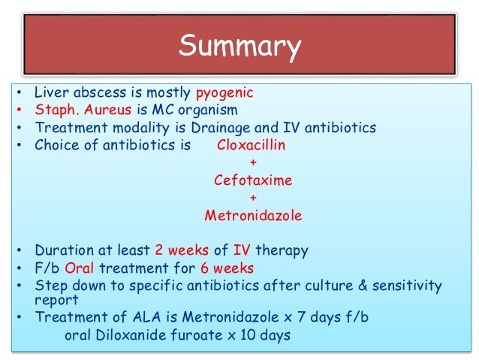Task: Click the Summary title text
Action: click(x=239, y=47)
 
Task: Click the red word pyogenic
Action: click(x=224, y=93)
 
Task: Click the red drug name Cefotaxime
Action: click(x=252, y=180)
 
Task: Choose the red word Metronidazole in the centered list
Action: click(x=253, y=216)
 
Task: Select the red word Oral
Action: click(x=80, y=268)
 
